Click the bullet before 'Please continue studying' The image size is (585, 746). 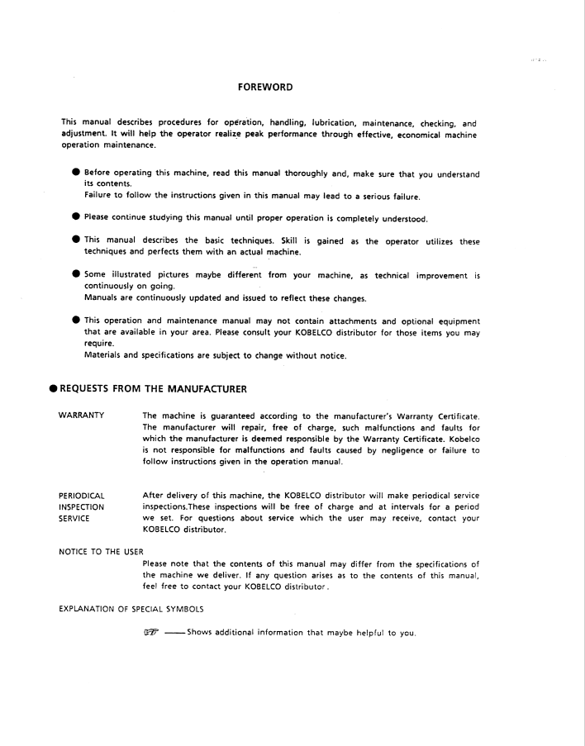click(x=75, y=218)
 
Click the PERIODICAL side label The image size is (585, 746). click(x=83, y=495)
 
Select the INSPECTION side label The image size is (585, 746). click(x=81, y=506)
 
